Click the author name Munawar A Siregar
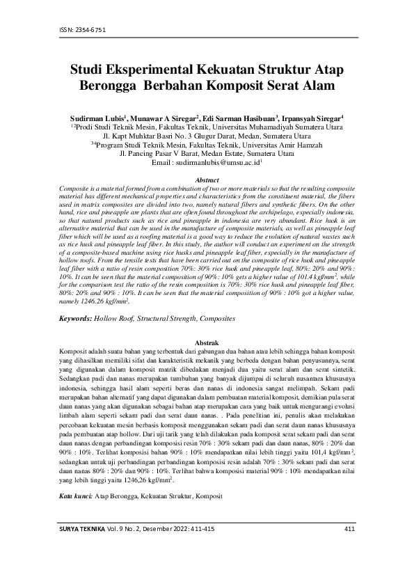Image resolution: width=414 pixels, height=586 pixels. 164,119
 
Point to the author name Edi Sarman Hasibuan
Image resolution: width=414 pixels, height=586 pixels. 241,119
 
